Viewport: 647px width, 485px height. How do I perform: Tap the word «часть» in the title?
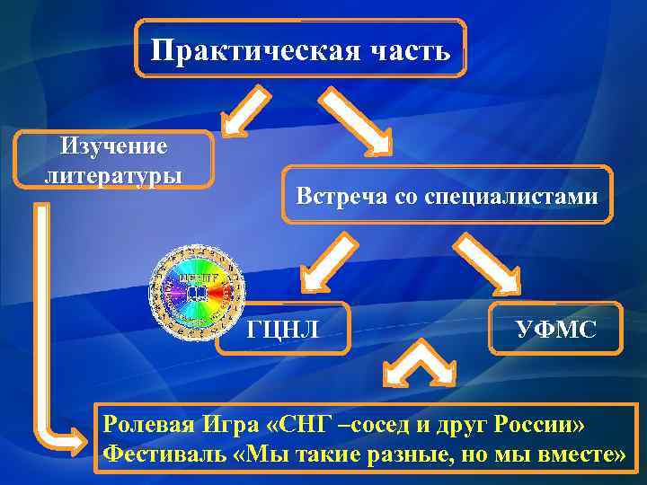coord(403,49)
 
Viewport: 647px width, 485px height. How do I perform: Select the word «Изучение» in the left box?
coord(113,145)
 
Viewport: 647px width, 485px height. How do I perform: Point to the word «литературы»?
coord(113,170)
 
